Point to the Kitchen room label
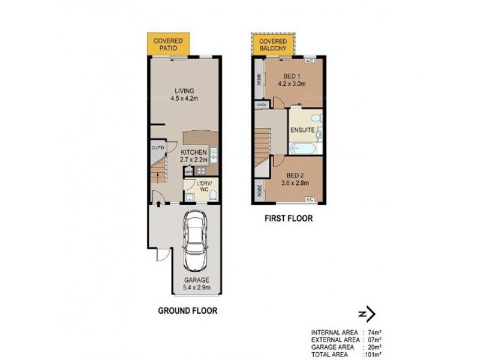(x=194, y=153)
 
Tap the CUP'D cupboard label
(x=157, y=147)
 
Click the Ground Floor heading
(x=187, y=311)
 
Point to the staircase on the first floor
(x=263, y=147)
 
